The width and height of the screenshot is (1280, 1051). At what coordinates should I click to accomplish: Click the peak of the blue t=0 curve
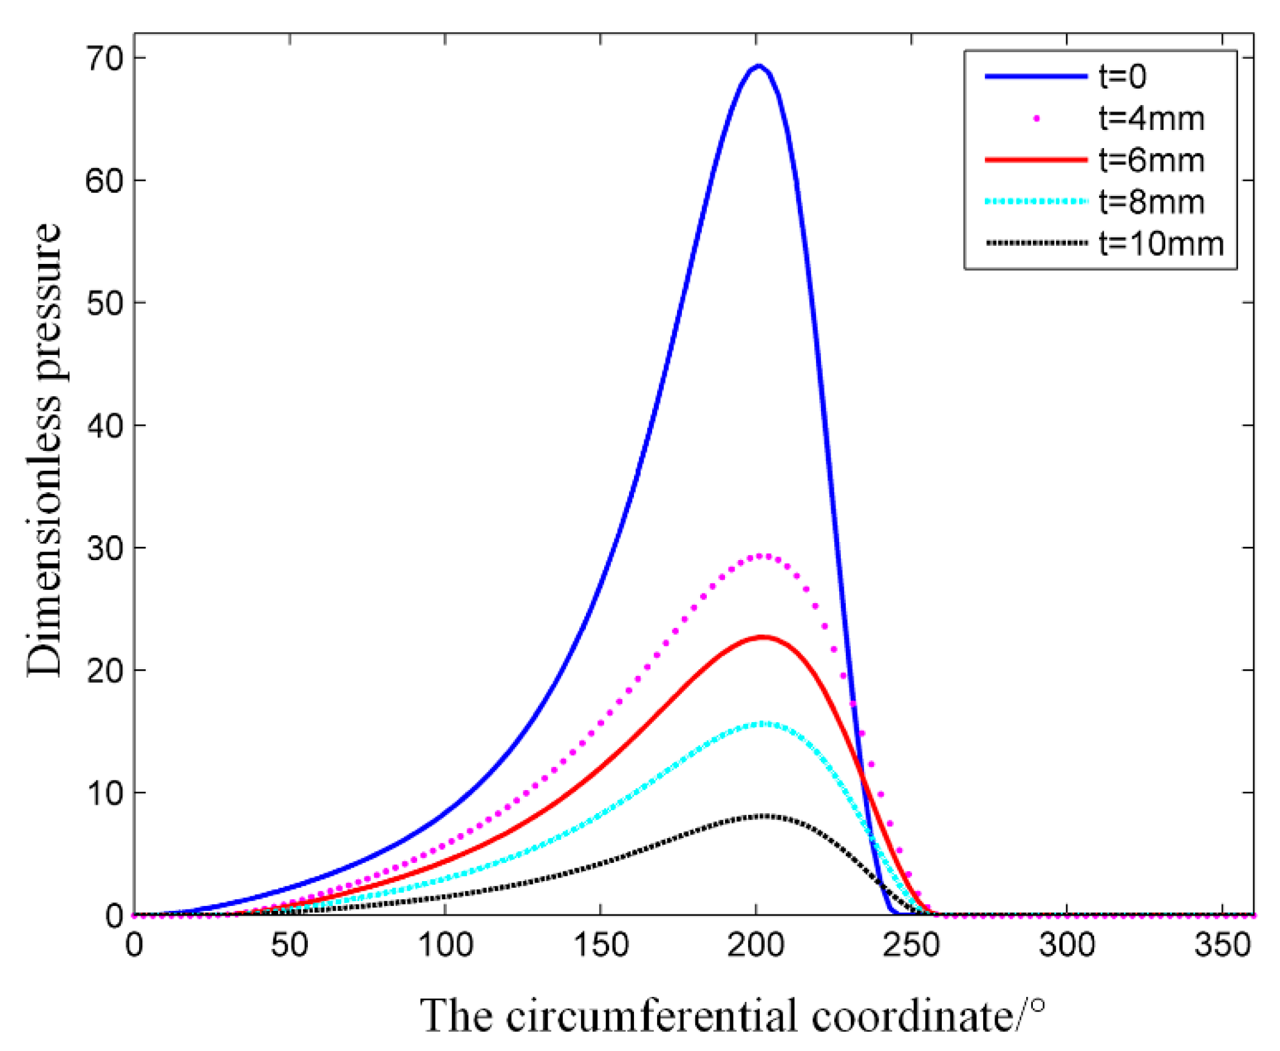point(758,66)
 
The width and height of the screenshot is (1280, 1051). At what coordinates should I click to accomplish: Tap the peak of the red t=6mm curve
point(762,637)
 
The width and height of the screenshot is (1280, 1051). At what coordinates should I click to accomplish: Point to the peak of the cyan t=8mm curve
point(761,723)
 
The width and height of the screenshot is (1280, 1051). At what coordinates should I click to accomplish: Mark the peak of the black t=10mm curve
point(762,816)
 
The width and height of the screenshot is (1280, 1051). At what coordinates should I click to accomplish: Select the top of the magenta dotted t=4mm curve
point(761,556)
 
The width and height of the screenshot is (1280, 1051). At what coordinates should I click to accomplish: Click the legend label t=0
point(1123,77)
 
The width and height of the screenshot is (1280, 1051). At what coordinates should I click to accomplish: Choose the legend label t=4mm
point(1151,118)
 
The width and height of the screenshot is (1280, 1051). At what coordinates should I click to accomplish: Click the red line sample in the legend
point(1035,160)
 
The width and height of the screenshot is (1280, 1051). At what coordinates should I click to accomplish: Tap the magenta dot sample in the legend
point(1037,119)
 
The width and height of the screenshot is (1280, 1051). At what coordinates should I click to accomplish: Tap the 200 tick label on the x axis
point(755,945)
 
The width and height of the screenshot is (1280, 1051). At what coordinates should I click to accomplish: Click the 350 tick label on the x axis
point(1222,945)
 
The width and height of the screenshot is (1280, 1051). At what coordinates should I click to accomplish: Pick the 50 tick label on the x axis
point(289,945)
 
